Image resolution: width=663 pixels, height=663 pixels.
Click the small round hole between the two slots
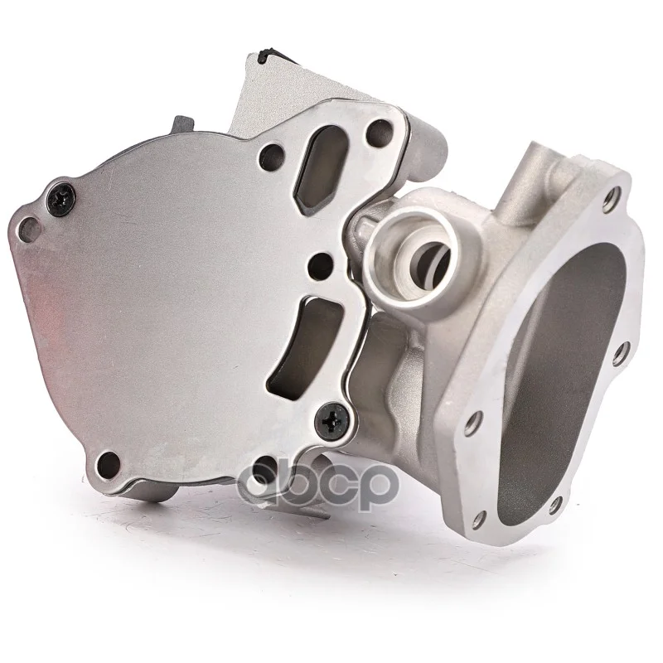pyautogui.click(x=321, y=264)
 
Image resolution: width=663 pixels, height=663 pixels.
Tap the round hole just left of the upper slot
pyautogui.click(x=272, y=155)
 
